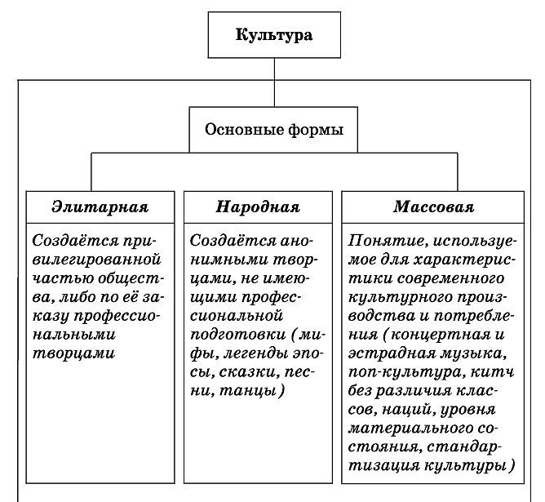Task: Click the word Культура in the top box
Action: click(274, 35)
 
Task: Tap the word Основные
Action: click(244, 129)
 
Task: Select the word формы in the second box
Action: click(316, 130)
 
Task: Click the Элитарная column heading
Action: click(100, 207)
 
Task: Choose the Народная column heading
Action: click(258, 207)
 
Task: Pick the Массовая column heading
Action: click(434, 207)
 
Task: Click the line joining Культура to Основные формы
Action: click(274, 82)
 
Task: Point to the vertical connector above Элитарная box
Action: click(91, 171)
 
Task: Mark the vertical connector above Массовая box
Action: click(458, 171)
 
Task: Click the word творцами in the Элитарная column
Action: click(73, 353)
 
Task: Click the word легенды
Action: click(255, 353)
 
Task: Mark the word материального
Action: click(410, 429)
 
